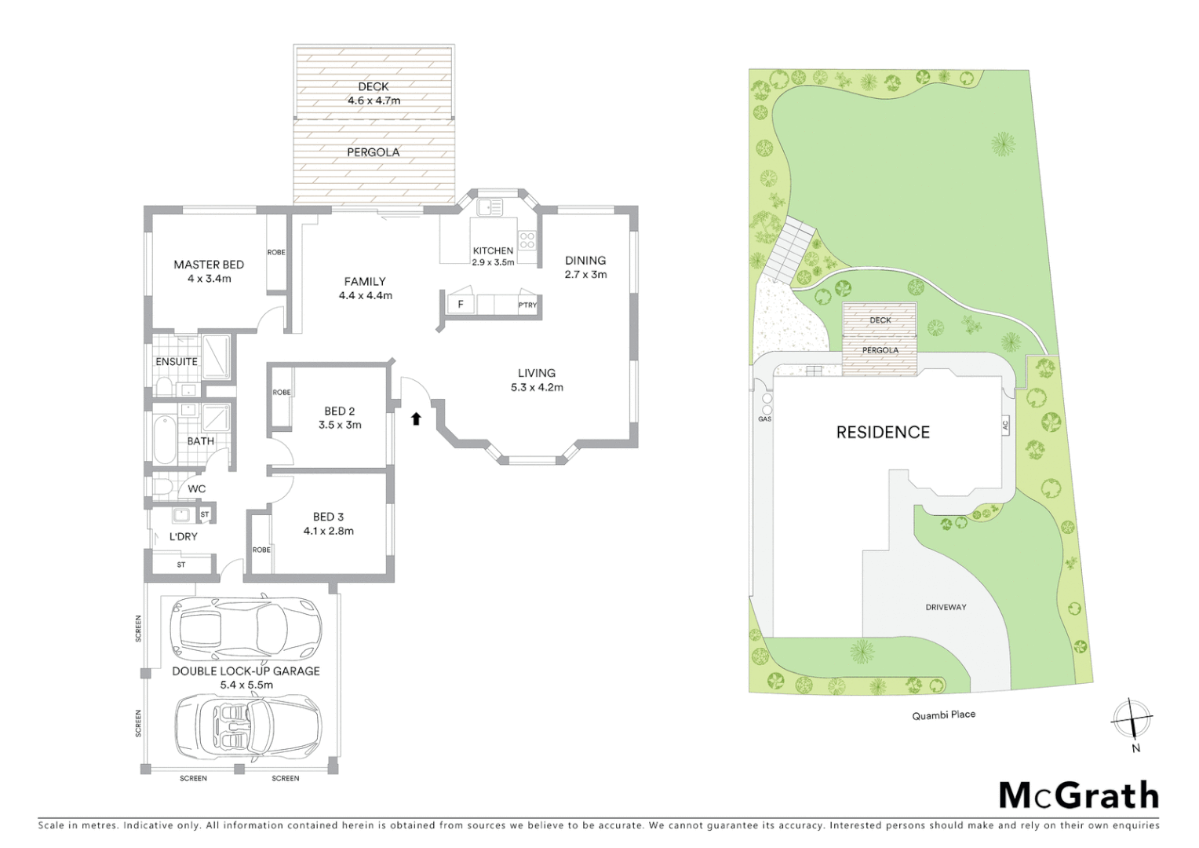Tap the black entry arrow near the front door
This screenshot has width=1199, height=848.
pos(416,419)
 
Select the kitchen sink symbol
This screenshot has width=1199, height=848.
pos(490,208)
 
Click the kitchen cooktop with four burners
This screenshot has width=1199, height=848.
pos(527,239)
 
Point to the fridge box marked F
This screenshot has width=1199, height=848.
pos(461,305)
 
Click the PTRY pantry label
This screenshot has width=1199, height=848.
pos(527,305)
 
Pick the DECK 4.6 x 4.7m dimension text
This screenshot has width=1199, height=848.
pos(374,101)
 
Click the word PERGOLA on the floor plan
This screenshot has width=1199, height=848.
pos(374,152)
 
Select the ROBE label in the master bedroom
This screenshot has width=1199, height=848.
pos(276,253)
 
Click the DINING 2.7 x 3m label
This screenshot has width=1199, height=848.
pos(585,267)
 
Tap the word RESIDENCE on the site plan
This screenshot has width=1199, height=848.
pos(883,433)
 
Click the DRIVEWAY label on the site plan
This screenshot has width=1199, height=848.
pos(946,607)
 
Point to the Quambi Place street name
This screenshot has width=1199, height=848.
pos(943,715)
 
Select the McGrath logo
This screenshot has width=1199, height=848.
pos(1078,795)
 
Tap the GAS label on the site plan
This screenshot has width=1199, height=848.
pos(764,419)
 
